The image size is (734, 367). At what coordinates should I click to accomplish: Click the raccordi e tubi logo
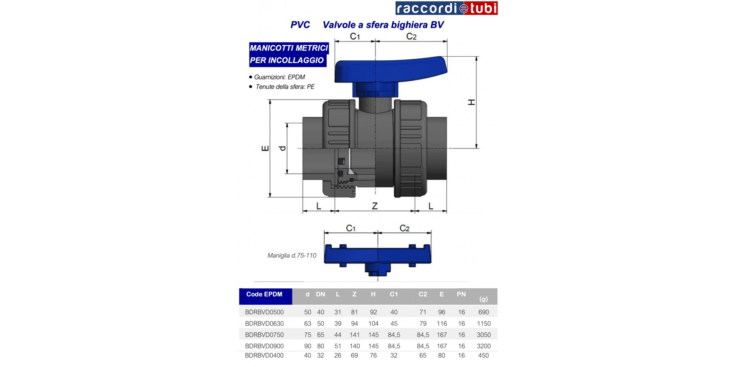(447, 8)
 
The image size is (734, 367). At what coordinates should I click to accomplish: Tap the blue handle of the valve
(391, 73)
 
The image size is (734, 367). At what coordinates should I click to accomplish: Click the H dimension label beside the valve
(471, 102)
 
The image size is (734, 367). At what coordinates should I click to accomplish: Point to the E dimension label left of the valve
(265, 148)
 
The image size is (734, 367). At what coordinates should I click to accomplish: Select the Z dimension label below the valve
(375, 206)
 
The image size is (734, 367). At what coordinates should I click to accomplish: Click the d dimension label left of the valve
(282, 148)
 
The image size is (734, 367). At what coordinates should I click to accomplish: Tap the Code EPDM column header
(264, 294)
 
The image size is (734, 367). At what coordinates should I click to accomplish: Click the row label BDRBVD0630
(264, 323)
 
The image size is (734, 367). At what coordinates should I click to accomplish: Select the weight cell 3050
(484, 335)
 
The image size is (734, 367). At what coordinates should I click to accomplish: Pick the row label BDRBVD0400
(264, 356)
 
